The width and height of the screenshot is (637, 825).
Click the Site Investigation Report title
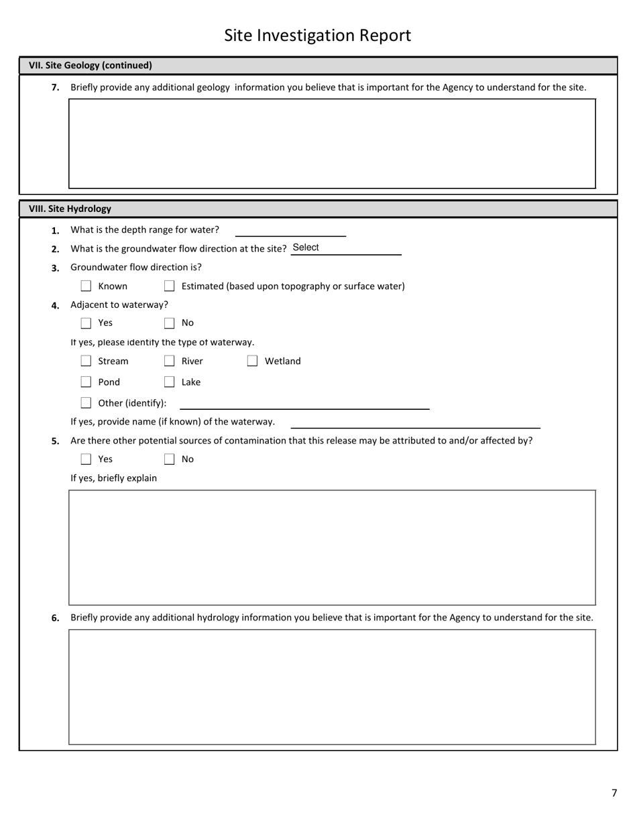(x=317, y=36)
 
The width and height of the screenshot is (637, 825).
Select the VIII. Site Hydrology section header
(x=70, y=209)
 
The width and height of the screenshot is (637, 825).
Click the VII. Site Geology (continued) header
(x=90, y=65)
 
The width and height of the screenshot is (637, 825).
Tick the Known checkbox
(x=86, y=286)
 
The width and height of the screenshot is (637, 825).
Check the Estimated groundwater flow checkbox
(x=169, y=286)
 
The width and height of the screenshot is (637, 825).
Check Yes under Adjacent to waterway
(x=86, y=323)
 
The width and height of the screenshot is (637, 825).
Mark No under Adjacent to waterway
(x=169, y=323)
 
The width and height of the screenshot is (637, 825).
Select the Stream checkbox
(x=86, y=362)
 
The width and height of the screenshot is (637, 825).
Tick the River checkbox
(x=169, y=362)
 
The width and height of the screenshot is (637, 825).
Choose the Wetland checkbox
(x=252, y=362)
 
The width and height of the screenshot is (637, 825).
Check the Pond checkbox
(x=86, y=382)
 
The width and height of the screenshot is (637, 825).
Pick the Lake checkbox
(x=169, y=382)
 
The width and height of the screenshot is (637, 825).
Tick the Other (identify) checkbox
(x=86, y=403)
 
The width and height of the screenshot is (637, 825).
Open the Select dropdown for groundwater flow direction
(x=345, y=248)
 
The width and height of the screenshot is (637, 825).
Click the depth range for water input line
(x=290, y=230)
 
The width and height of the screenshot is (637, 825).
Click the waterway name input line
(x=415, y=422)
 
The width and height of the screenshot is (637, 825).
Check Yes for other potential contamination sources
(x=86, y=459)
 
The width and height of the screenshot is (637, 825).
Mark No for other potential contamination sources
(x=169, y=459)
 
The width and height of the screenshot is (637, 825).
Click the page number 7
(x=614, y=793)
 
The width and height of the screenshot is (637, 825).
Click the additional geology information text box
(x=332, y=144)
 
